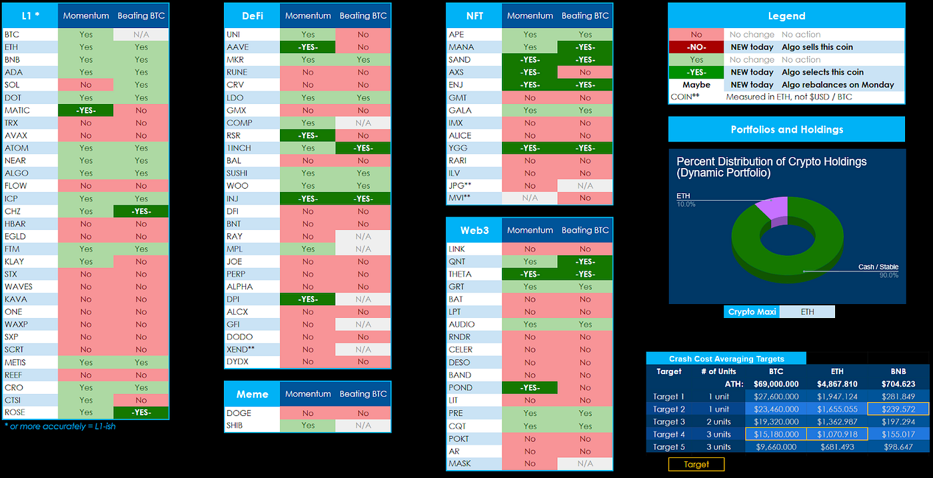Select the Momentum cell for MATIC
86,110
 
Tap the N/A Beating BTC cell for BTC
141,35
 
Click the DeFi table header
251,15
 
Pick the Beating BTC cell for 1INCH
363,148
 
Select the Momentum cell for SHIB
307,425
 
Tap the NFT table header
474,15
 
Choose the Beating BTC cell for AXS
584,72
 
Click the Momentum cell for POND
529,387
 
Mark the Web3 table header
474,230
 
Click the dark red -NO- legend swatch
696,47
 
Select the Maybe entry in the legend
696,85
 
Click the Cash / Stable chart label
878,267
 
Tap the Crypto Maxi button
752,311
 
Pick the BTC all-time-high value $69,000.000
776,384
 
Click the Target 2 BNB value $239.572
897,409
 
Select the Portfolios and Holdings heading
786,129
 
